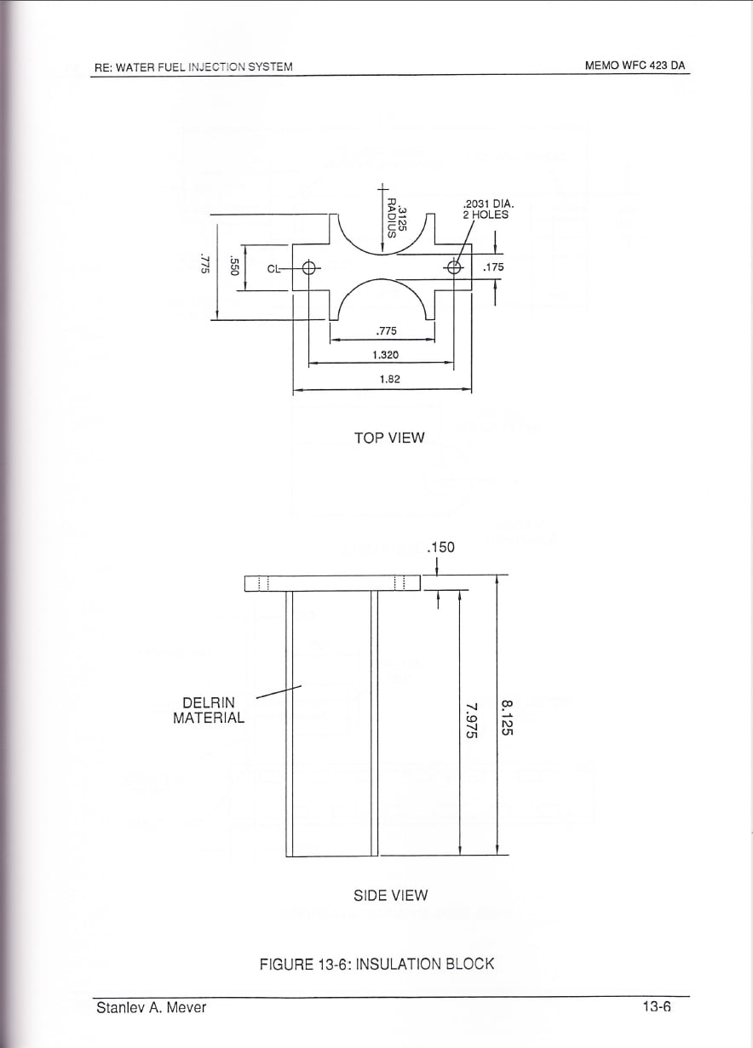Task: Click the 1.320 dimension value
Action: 386,355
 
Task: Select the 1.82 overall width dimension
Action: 389,379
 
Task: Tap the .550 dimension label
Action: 234,266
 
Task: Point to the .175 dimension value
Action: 493,267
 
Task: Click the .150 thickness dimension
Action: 441,547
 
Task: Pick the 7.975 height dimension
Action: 471,720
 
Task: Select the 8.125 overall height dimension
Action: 508,717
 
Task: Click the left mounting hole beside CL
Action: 309,268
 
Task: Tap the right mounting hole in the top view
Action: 454,267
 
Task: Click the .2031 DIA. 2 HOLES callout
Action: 488,209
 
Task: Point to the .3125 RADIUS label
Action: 397,219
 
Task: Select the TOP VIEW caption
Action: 389,438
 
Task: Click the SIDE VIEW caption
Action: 390,896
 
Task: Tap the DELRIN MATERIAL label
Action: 209,710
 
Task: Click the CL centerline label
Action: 273,268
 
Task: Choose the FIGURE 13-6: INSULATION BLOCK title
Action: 377,965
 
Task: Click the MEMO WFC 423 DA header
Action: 635,66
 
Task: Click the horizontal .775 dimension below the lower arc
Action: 386,331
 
